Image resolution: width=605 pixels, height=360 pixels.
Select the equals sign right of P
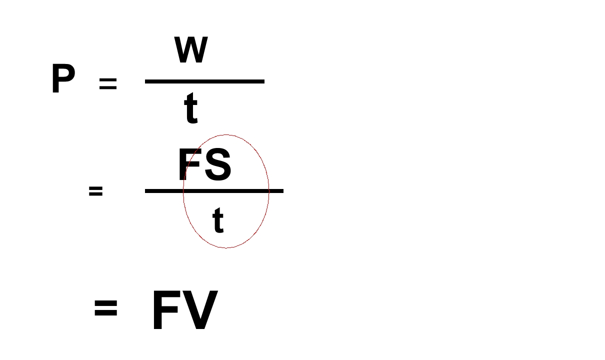coord(108,83)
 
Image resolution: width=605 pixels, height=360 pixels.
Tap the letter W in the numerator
coord(191,49)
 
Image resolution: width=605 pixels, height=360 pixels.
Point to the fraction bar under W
coord(204,81)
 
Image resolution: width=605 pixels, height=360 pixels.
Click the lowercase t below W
coord(190,108)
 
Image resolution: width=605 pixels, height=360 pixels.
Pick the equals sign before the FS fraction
coord(96,191)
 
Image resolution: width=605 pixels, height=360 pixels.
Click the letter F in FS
coord(190,164)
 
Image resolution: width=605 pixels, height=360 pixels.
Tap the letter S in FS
coord(218,164)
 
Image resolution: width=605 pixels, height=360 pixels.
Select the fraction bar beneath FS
coord(214,191)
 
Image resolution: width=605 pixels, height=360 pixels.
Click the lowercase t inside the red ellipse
coord(218,220)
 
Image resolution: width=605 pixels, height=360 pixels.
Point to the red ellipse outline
coord(183,191)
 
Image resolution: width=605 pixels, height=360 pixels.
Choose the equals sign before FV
coord(106,308)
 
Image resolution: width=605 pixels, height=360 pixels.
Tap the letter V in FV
coord(199,310)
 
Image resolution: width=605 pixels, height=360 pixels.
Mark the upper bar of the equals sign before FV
coord(106,303)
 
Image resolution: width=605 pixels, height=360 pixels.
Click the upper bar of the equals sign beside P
coord(108,79)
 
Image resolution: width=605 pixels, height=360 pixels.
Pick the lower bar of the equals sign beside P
coord(108,87)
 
